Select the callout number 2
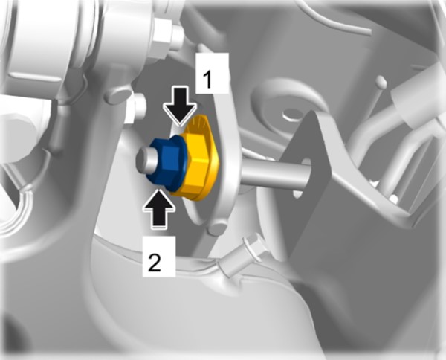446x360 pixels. coord(155,262)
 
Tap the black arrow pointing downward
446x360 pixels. coord(180,106)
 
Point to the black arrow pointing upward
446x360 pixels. coord(159,208)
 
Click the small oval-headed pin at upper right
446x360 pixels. coord(381,82)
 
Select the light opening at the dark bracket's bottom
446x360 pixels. coord(297,193)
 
